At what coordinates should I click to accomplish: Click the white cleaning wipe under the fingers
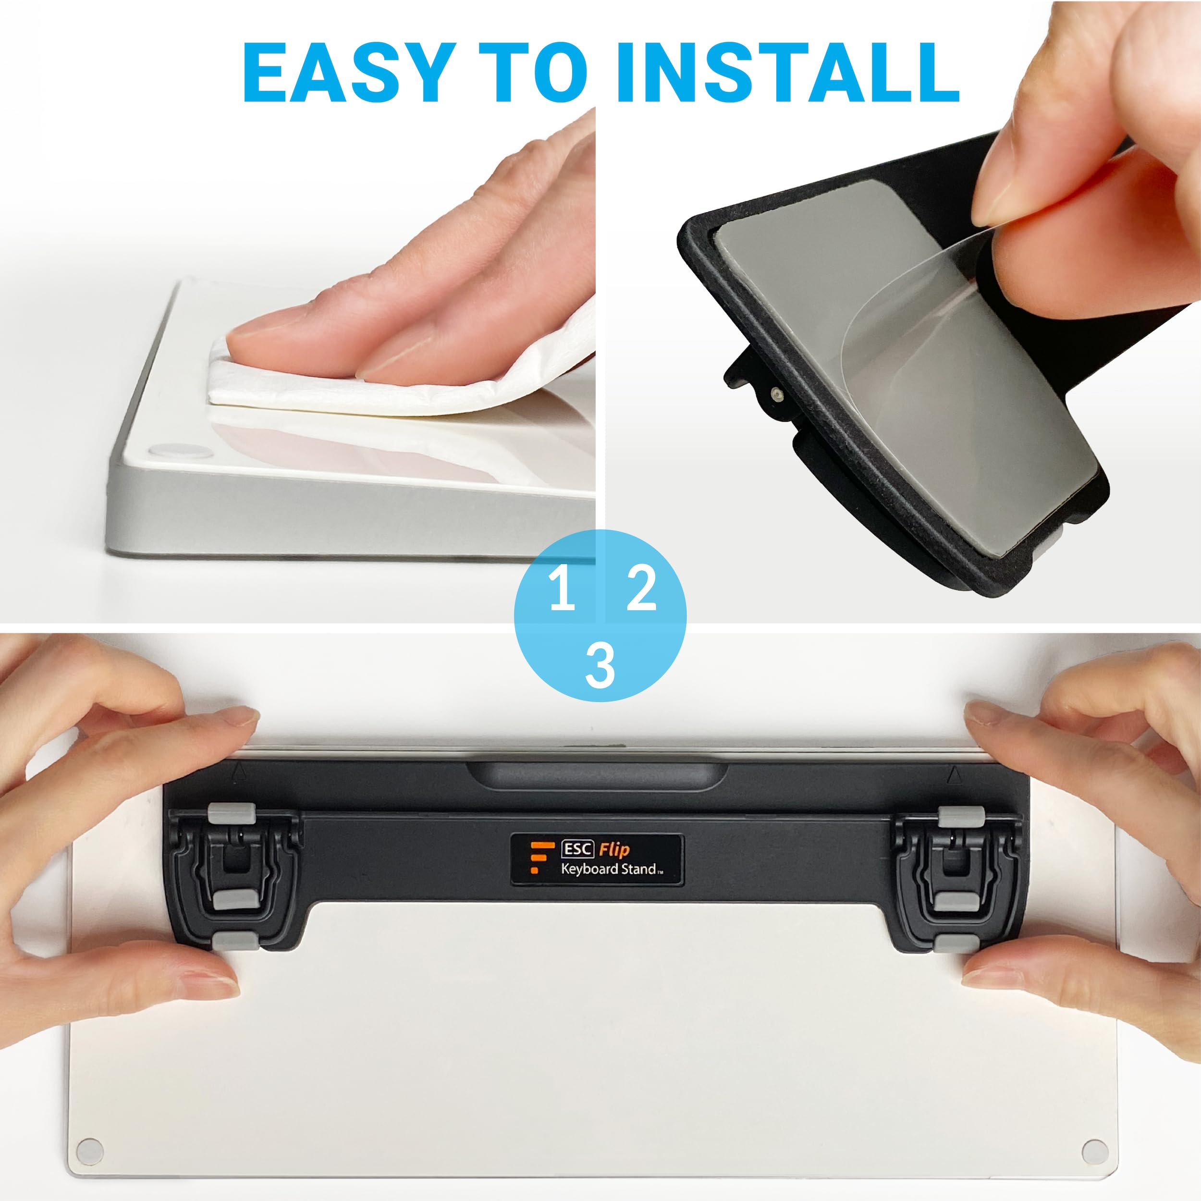point(398,373)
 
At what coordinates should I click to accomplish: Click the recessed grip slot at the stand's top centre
point(597,777)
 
